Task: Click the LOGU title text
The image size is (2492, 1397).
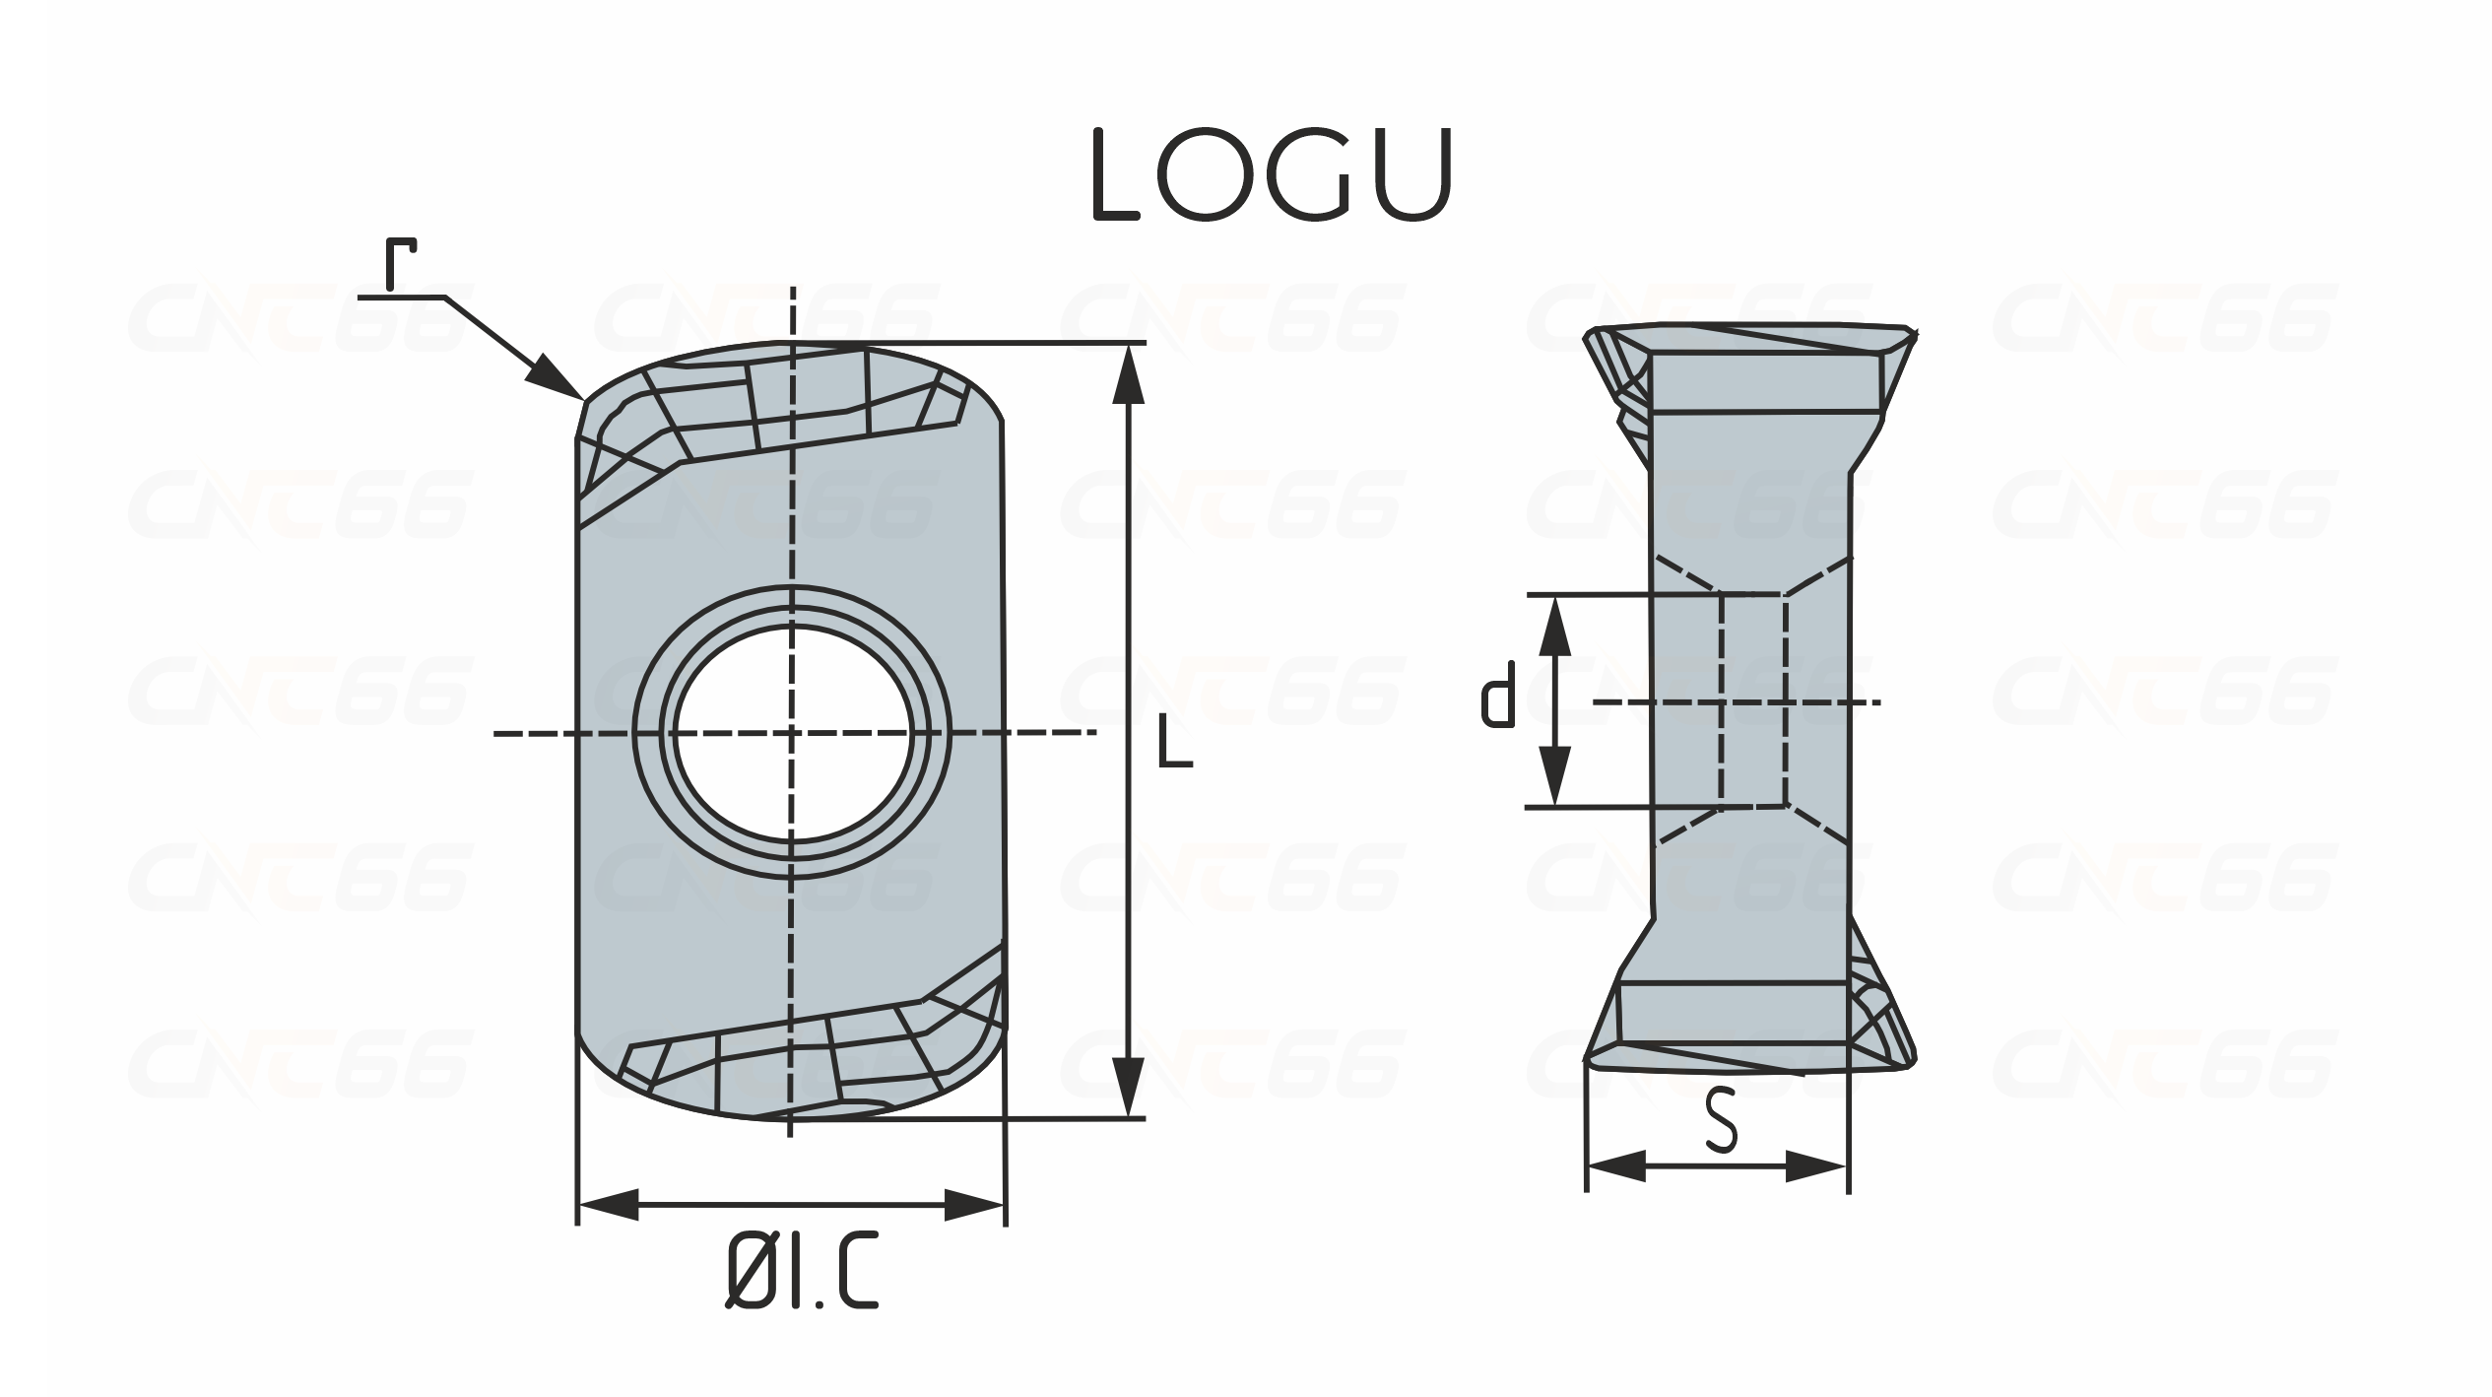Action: coord(1274,175)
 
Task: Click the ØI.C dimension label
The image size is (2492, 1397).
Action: coord(801,1273)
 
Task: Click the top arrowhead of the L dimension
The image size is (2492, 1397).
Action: coord(1128,373)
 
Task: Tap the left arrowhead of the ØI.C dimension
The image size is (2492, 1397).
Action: coord(609,1204)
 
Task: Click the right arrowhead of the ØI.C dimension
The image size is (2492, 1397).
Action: coord(973,1204)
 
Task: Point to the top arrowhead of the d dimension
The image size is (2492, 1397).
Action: coord(1554,627)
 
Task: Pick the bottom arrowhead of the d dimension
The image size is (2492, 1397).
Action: coord(1554,775)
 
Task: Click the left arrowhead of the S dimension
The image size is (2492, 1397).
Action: coord(1617,1166)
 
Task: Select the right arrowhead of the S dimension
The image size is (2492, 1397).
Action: coord(1815,1166)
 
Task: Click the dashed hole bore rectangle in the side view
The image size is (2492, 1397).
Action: coord(1752,700)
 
